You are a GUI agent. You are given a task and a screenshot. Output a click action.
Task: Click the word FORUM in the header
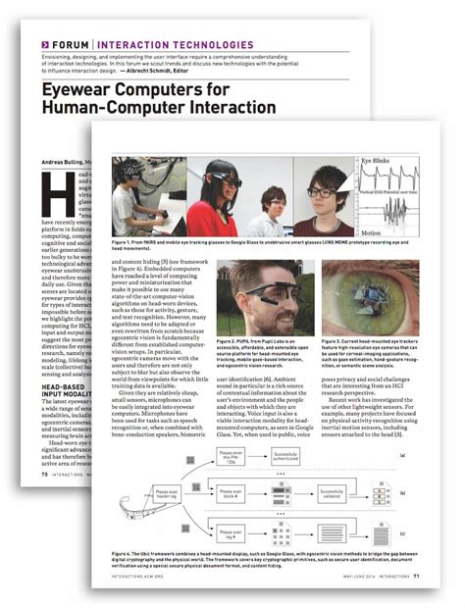click(68, 44)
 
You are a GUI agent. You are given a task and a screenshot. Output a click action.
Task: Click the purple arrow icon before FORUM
click(45, 44)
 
